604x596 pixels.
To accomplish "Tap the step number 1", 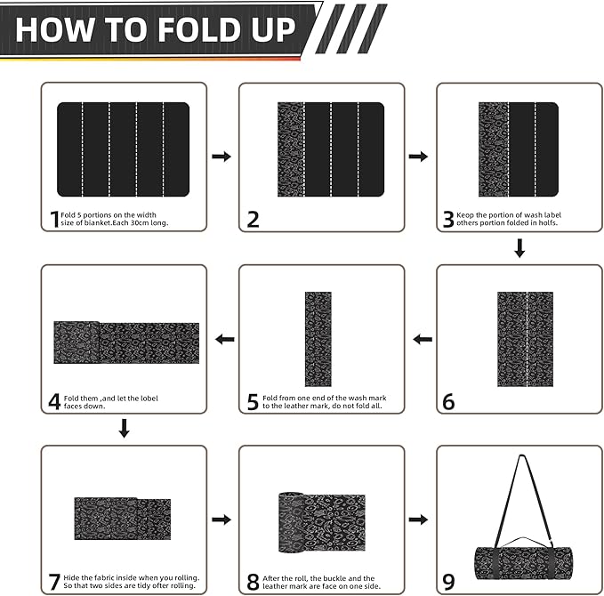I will coord(54,218).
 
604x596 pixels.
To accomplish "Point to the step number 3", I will coord(448,219).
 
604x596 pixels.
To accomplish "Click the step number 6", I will coord(448,402).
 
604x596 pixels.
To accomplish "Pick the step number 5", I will coord(253,402).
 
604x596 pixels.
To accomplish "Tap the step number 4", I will coord(54,401).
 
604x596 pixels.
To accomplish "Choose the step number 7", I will coord(54,582).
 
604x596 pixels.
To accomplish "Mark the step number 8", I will coord(253,583).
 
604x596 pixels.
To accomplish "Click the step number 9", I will coord(448,583).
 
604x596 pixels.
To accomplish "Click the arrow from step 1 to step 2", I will coord(221,157).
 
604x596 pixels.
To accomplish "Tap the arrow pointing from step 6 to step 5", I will coord(423,339).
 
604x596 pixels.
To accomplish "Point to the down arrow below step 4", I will coord(125,429).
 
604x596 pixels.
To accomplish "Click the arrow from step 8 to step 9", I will coord(418,519).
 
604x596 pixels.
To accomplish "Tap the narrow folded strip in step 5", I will coord(318,338).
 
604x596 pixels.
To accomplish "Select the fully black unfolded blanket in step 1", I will coord(124,149).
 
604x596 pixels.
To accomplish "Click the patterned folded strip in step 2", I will coord(290,149).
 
